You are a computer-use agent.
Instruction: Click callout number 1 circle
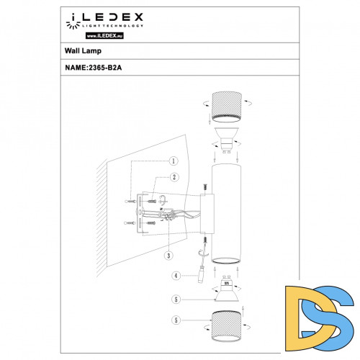174,162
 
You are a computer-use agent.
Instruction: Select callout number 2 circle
174,177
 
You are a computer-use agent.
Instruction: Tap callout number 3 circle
168,255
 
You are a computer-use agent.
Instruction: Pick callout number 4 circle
174,276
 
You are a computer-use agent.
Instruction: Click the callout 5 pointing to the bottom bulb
174,298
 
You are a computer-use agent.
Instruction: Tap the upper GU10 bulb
225,137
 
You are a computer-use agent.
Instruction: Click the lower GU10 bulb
226,291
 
